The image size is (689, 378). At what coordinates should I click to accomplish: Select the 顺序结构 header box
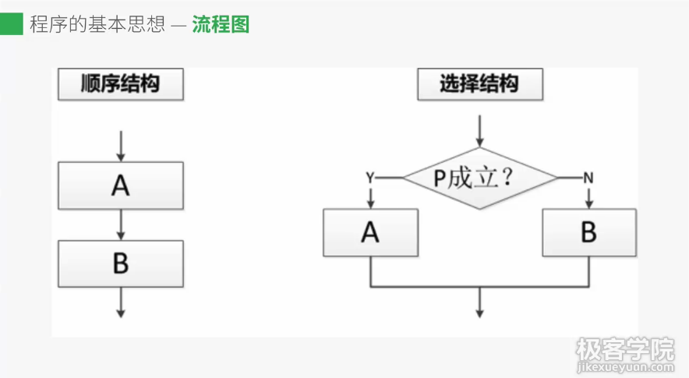point(121,84)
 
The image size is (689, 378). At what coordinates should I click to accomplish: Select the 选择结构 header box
point(479,84)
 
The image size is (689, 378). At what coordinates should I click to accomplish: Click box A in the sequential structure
point(121,185)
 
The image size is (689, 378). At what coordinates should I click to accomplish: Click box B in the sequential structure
point(121,263)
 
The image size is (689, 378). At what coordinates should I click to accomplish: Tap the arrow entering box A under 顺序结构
point(121,146)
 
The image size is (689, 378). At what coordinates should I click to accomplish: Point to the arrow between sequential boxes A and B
point(121,225)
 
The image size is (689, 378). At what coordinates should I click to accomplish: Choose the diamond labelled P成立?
point(479,178)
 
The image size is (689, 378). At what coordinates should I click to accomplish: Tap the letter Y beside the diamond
point(370,178)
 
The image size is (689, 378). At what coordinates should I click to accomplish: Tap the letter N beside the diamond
point(588,178)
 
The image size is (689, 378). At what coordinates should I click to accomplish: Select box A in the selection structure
point(370,232)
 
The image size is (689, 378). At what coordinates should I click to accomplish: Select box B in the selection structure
point(588,232)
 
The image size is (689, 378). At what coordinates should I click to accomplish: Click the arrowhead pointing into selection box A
point(370,203)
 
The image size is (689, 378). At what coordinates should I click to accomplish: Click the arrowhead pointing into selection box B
point(588,203)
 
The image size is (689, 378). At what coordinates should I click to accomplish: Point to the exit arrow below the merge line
point(479,304)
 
